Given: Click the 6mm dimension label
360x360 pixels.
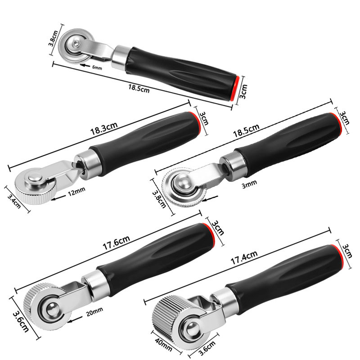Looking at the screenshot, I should (97, 67).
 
